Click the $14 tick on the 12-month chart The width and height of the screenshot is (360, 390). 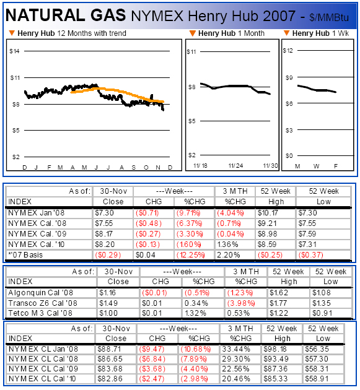click(x=14, y=51)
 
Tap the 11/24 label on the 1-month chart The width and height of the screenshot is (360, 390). click(x=236, y=166)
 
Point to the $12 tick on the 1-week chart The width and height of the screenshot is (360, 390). click(x=288, y=51)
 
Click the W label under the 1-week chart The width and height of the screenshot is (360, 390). click(x=316, y=166)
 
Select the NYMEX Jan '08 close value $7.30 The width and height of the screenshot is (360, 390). click(x=104, y=213)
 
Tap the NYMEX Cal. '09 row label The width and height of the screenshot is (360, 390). click(x=37, y=234)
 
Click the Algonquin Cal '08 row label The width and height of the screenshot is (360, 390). click(x=40, y=293)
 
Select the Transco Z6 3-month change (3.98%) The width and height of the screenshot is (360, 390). click(x=241, y=303)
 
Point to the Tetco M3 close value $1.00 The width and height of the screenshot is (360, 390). click(x=108, y=313)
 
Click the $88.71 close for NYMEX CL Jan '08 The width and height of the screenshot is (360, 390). click(x=109, y=349)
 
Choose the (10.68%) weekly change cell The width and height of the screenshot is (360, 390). click(x=196, y=349)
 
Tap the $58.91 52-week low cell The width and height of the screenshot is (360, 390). click(x=317, y=379)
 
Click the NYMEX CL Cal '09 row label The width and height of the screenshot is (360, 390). click(x=43, y=369)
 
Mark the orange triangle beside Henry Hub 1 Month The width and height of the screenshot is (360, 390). click(x=193, y=33)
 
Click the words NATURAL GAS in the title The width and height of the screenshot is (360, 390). click(x=66, y=15)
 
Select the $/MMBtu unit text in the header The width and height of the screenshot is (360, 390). click(x=329, y=18)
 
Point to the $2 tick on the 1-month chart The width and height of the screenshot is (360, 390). click(x=191, y=155)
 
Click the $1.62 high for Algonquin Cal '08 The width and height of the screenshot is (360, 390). click(x=279, y=293)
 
